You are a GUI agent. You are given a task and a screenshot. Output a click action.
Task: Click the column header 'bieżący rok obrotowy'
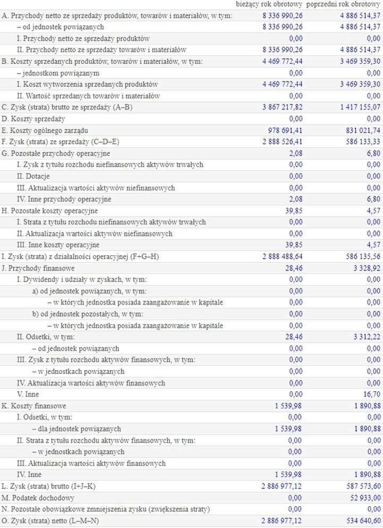click(x=270, y=4)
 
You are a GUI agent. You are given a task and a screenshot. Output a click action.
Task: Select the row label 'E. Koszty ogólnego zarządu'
click(x=45, y=130)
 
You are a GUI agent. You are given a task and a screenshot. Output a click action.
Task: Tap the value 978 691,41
click(x=284, y=130)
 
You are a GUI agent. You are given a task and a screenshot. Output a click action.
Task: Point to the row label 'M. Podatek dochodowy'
click(x=37, y=498)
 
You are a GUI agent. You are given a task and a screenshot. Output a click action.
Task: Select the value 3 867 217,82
click(x=282, y=107)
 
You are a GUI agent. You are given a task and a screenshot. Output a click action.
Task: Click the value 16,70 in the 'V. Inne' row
click(x=371, y=395)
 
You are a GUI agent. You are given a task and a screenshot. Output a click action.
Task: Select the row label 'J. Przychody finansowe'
click(x=38, y=268)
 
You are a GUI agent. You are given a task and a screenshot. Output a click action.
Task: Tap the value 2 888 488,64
click(x=282, y=257)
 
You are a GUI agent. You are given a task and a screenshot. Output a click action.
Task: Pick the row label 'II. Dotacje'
click(x=34, y=176)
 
